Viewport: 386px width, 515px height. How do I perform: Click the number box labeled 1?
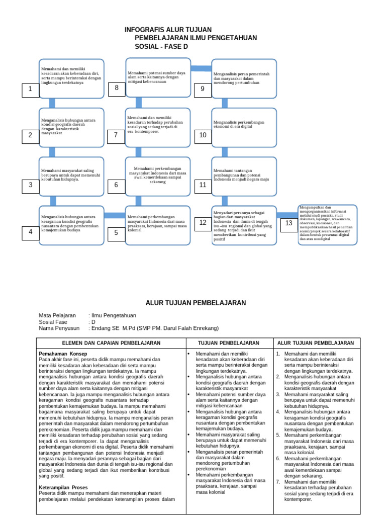(x=30, y=90)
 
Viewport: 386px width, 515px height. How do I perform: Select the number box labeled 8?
(x=117, y=89)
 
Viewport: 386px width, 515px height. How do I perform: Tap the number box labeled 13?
(x=288, y=223)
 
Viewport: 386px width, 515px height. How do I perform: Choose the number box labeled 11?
(x=203, y=185)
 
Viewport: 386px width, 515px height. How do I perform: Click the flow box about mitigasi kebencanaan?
(x=158, y=77)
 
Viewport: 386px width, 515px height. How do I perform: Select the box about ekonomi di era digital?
(x=244, y=125)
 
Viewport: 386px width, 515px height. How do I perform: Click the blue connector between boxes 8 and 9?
(x=201, y=68)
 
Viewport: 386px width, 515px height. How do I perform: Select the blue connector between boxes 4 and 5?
(x=114, y=215)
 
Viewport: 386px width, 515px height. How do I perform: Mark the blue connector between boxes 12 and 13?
(x=287, y=215)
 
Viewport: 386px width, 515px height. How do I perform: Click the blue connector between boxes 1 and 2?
(x=52, y=103)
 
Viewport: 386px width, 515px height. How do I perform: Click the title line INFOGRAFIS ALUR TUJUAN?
(x=168, y=30)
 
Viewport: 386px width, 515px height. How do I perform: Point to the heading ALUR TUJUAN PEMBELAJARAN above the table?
(x=196, y=303)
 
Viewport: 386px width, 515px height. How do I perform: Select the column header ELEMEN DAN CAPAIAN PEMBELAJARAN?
(x=111, y=343)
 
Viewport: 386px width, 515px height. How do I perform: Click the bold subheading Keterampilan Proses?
(x=64, y=488)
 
